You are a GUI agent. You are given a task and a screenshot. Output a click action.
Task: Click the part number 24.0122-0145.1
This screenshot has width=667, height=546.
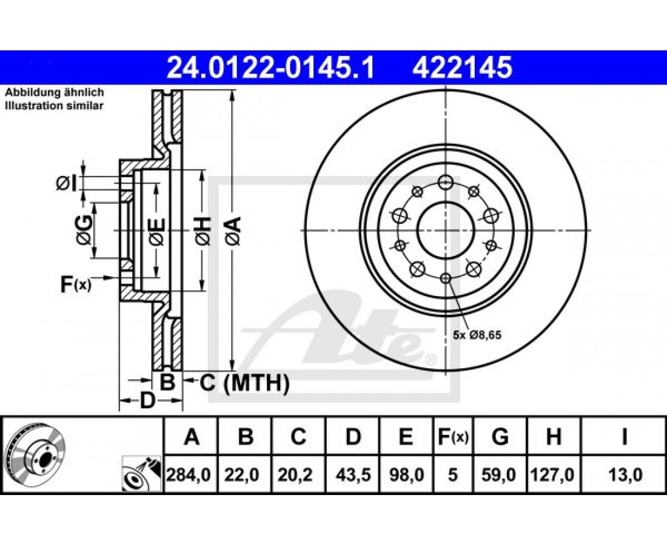pyautogui.click(x=270, y=68)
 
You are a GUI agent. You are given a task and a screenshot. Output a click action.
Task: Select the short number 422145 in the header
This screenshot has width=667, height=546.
pyautogui.click(x=462, y=68)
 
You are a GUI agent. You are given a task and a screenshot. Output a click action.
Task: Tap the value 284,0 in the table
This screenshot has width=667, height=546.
pyautogui.click(x=189, y=474)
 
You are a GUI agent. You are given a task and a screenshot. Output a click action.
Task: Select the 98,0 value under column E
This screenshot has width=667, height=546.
pyautogui.click(x=407, y=474)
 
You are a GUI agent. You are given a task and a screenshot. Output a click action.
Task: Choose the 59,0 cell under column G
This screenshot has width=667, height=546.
pyautogui.click(x=499, y=474)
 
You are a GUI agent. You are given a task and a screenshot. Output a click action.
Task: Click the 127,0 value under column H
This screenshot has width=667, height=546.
pyautogui.click(x=552, y=474)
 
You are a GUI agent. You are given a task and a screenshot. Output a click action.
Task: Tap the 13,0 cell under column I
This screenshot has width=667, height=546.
pyautogui.click(x=625, y=474)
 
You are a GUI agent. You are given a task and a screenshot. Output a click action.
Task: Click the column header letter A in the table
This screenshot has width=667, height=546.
pyautogui.click(x=192, y=437)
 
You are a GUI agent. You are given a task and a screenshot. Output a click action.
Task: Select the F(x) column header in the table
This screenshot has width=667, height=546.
pyautogui.click(x=452, y=437)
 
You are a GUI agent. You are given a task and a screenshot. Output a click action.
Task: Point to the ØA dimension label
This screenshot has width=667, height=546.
pyautogui.click(x=235, y=231)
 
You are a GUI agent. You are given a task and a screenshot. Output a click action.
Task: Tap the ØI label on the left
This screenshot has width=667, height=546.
pyautogui.click(x=66, y=184)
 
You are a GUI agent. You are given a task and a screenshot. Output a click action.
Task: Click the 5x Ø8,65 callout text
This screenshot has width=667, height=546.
pyautogui.click(x=477, y=335)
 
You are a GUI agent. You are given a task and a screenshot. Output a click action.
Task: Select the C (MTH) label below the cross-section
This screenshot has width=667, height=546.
pyautogui.click(x=245, y=383)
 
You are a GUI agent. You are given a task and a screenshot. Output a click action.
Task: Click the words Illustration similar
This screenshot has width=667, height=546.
pyautogui.click(x=54, y=106)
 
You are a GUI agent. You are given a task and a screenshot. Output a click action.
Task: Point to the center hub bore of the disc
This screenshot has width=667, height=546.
pyautogui.click(x=445, y=231)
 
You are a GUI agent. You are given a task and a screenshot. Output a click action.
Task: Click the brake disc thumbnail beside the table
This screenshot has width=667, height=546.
pyautogui.click(x=36, y=456)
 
